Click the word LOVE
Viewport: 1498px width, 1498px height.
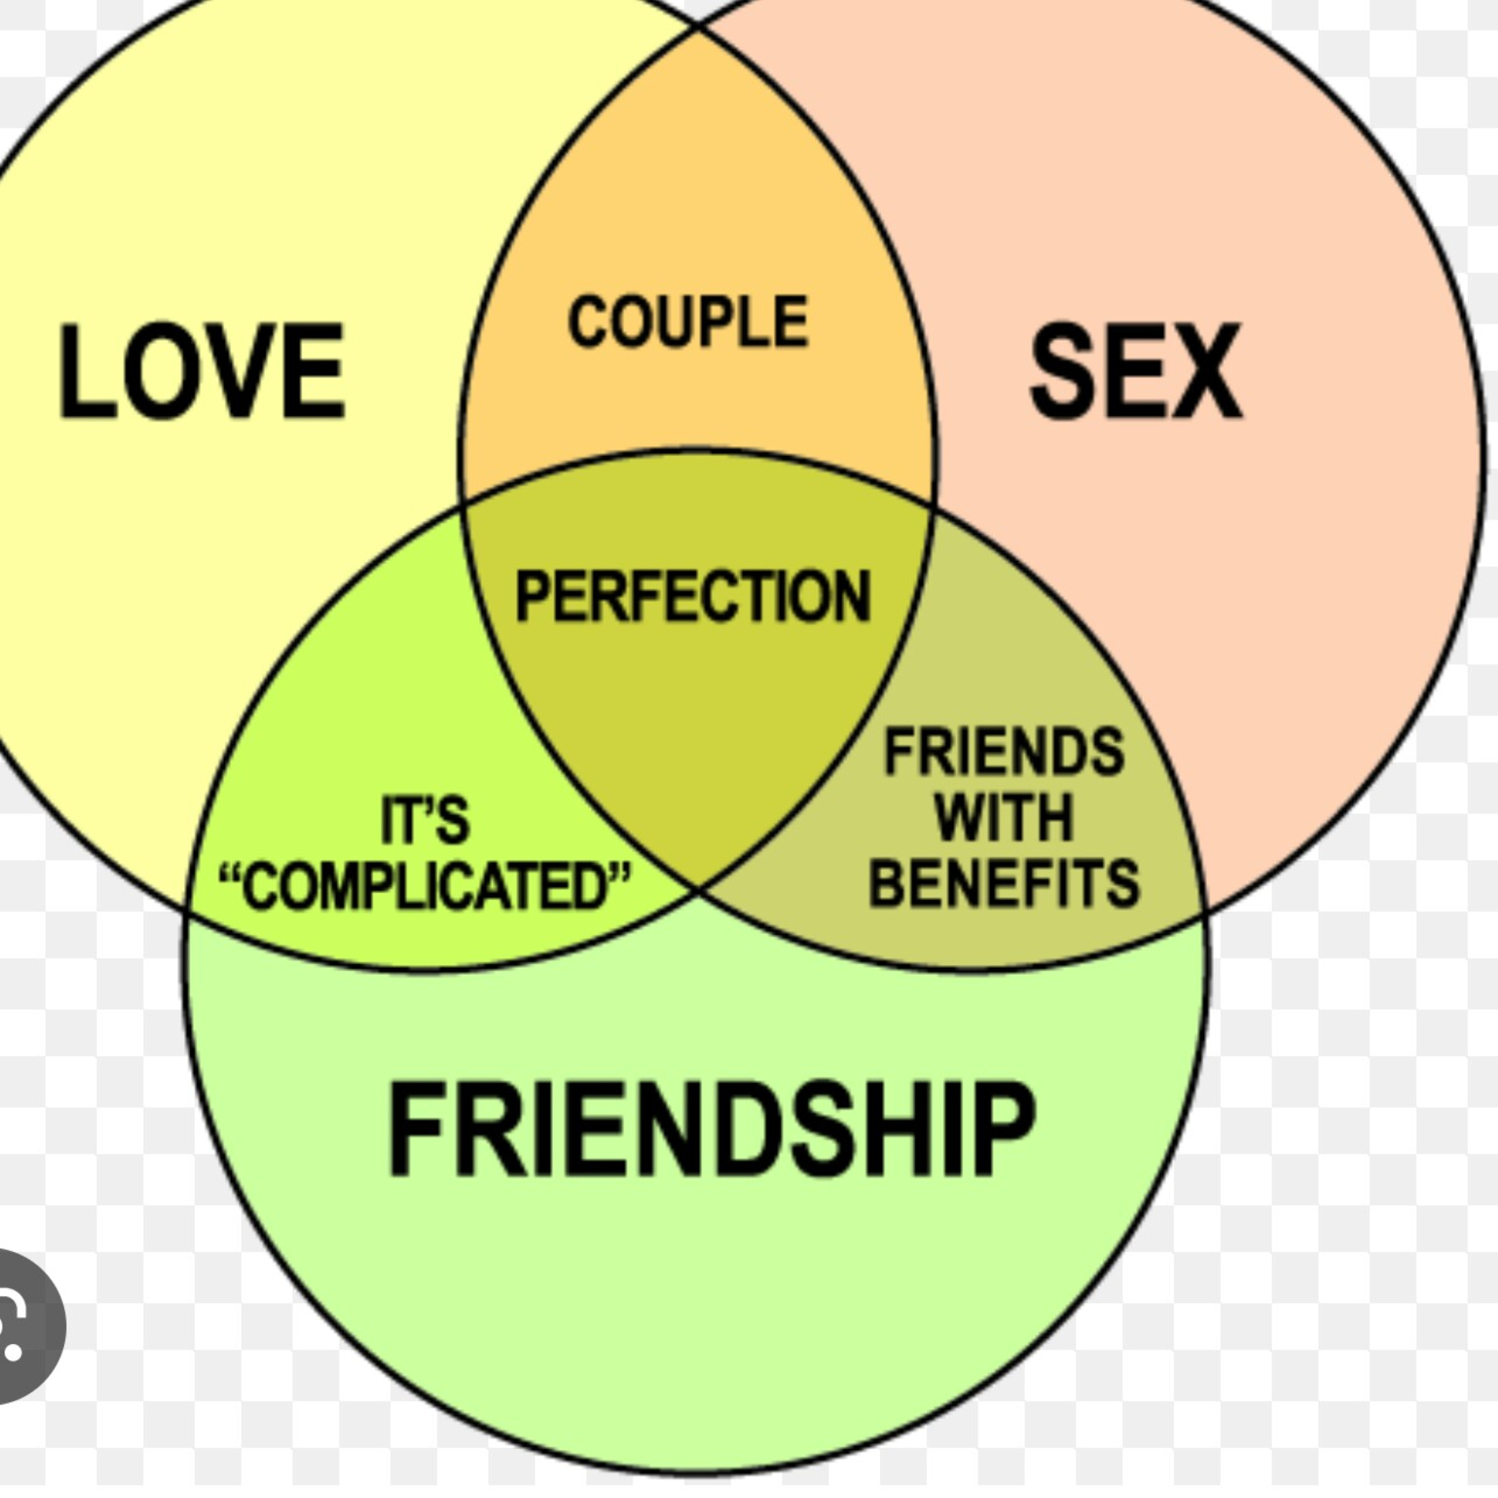pos(202,371)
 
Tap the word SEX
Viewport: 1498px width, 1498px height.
pos(1136,371)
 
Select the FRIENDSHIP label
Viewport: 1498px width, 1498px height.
pos(712,1129)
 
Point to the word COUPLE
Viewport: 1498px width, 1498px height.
pos(689,321)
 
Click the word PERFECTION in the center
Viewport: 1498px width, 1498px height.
pos(693,596)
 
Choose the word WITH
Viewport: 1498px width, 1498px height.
pos(1004,817)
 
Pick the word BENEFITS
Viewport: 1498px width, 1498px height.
pos(1005,883)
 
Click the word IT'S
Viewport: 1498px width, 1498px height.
pos(425,819)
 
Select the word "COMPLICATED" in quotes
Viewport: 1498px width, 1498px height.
pos(425,885)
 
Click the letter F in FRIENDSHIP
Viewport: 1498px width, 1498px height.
pos(416,1129)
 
